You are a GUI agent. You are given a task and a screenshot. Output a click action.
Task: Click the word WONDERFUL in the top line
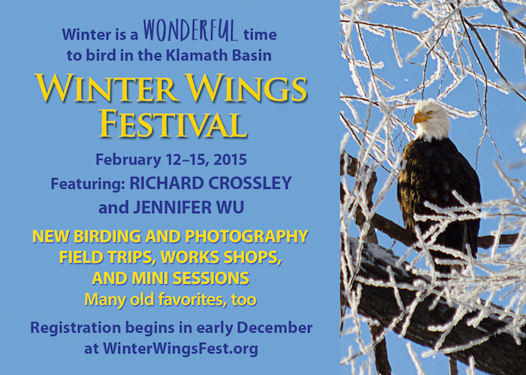[191, 31]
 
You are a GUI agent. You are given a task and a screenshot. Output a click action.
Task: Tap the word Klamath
[194, 55]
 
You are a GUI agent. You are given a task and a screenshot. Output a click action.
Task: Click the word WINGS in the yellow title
[247, 88]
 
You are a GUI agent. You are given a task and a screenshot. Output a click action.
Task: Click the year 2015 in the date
[230, 159]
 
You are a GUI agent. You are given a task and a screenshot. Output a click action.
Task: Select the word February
[128, 160]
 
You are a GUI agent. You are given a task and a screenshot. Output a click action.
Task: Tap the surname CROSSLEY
[249, 183]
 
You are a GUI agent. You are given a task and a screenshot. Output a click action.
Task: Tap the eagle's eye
[429, 113]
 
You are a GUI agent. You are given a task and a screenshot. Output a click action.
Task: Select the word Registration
[75, 328]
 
